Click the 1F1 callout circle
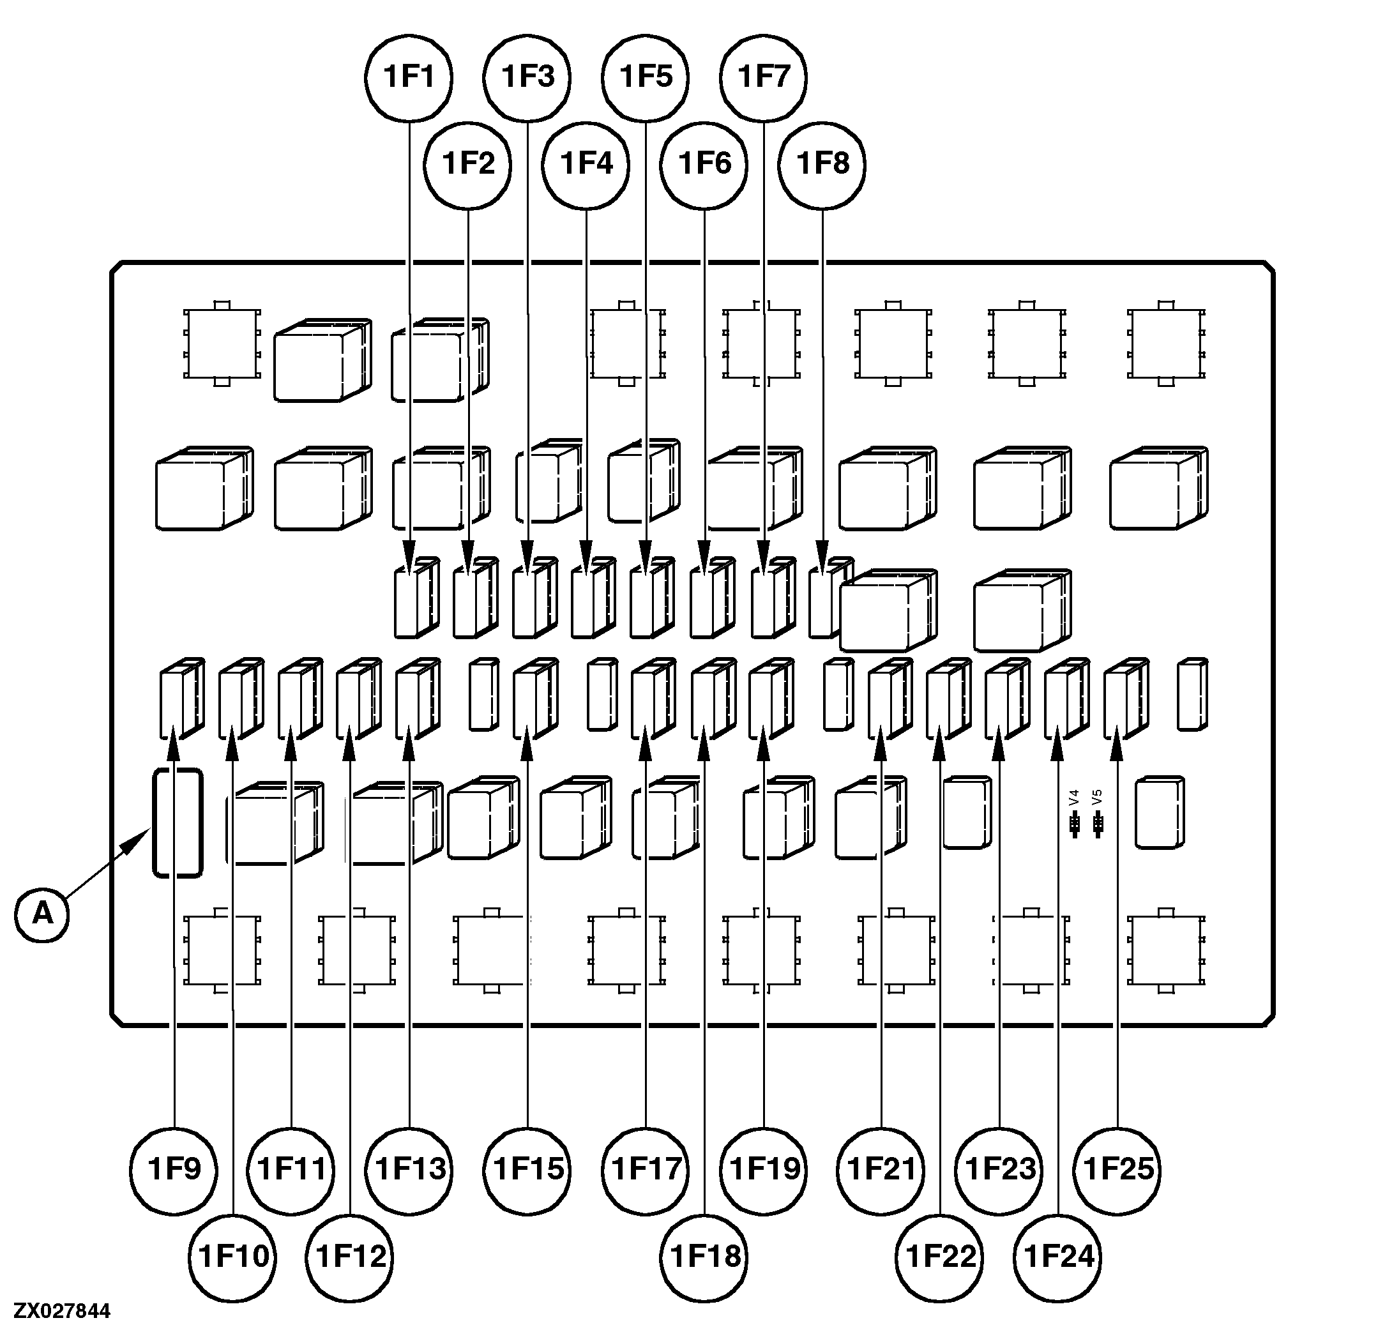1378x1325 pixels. click(x=409, y=77)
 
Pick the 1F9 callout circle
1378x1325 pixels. click(x=174, y=1169)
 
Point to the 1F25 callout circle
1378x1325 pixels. click(x=1117, y=1169)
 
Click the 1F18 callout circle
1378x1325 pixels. click(x=705, y=1256)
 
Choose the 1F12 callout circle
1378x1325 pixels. click(x=351, y=1256)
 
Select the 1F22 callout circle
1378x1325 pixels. click(x=941, y=1256)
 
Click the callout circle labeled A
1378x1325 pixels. click(x=42, y=914)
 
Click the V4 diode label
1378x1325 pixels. click(x=1073, y=797)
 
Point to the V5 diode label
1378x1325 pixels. click(x=1098, y=797)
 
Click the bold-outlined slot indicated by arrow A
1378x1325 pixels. click(x=178, y=822)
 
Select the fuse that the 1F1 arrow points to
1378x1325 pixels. click(x=415, y=598)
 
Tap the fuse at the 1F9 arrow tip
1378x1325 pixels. click(x=181, y=697)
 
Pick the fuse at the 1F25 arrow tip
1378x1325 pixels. click(x=1125, y=697)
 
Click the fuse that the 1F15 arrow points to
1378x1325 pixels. click(x=534, y=697)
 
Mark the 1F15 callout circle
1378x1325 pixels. click(x=528, y=1169)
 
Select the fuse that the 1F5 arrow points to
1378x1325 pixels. click(x=650, y=598)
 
